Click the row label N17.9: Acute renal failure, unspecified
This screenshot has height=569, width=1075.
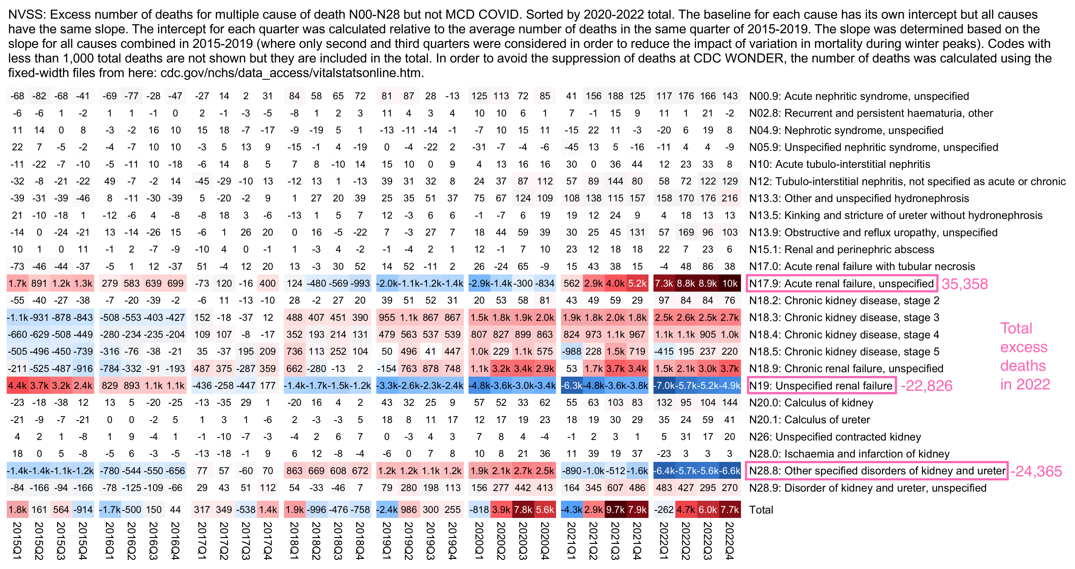tap(841, 284)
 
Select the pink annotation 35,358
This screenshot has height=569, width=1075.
tap(964, 284)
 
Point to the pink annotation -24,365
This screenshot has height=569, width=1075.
tap(1036, 471)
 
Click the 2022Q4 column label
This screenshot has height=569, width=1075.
tap(730, 541)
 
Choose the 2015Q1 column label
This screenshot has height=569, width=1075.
tap(17, 541)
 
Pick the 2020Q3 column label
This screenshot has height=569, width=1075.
tap(522, 541)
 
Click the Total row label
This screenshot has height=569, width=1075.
tap(761, 510)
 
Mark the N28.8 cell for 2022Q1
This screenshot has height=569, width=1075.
tap(664, 471)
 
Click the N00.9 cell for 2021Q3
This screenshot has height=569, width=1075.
tap(615, 96)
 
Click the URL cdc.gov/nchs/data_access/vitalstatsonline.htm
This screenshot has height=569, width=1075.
tap(291, 73)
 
